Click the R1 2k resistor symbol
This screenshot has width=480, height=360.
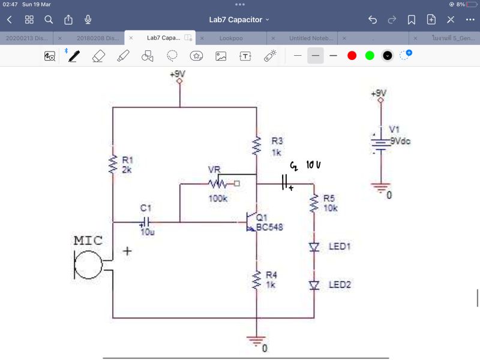pos(113,164)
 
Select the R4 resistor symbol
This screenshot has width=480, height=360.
pos(256,279)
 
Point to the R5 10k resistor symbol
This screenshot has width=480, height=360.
pos(314,203)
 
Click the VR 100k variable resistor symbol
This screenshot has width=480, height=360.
pos(217,183)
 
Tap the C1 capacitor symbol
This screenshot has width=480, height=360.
pos(145,222)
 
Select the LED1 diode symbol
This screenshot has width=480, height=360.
pos(314,247)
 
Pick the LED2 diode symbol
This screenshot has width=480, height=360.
pos(314,285)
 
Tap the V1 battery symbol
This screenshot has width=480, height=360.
pos(379,142)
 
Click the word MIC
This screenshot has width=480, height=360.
pos(88,241)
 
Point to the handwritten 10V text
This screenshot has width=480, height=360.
pos(314,164)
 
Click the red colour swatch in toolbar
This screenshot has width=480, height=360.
pos(352,56)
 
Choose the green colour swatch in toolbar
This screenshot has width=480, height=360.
pos(370,56)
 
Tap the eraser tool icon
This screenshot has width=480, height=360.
pos(98,56)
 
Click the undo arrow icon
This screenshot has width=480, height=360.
pos(373,20)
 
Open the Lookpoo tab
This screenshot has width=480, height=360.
pos(231,38)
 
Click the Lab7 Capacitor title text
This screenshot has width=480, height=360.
pos(236,20)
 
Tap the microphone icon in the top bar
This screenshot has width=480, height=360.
pos(88,20)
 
